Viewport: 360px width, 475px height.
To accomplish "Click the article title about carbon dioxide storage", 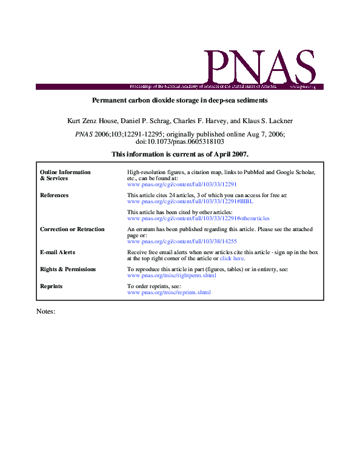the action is (179, 99).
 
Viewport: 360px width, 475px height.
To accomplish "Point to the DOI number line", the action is (179, 141).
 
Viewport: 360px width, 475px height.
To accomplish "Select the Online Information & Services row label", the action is (65, 175).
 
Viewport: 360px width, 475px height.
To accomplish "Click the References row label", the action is (54, 195).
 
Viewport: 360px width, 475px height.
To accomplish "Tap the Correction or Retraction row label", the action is (72, 229).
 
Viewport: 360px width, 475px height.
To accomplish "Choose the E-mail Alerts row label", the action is (58, 252).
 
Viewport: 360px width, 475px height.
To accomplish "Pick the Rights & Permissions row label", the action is (68, 269).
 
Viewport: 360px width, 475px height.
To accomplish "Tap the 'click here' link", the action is (232, 258).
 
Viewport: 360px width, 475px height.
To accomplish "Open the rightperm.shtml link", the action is (172, 275).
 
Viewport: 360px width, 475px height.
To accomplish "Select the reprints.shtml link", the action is (169, 292).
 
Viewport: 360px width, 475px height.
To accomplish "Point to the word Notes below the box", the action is (46, 311).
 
